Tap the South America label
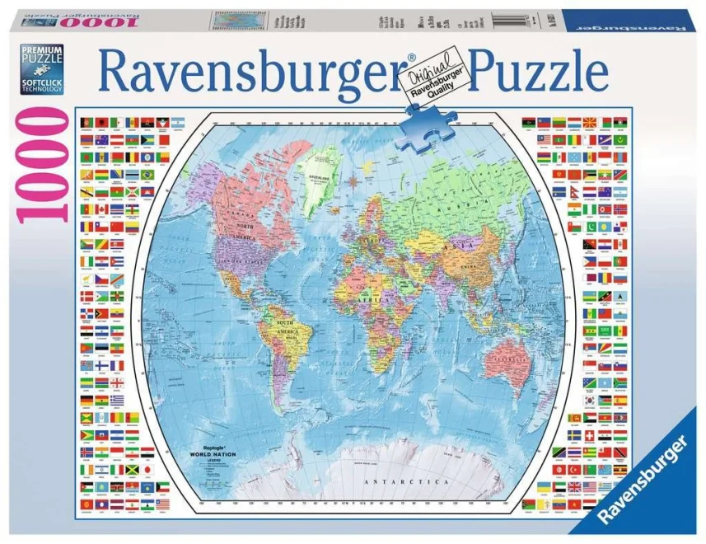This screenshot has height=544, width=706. point(286,324)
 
